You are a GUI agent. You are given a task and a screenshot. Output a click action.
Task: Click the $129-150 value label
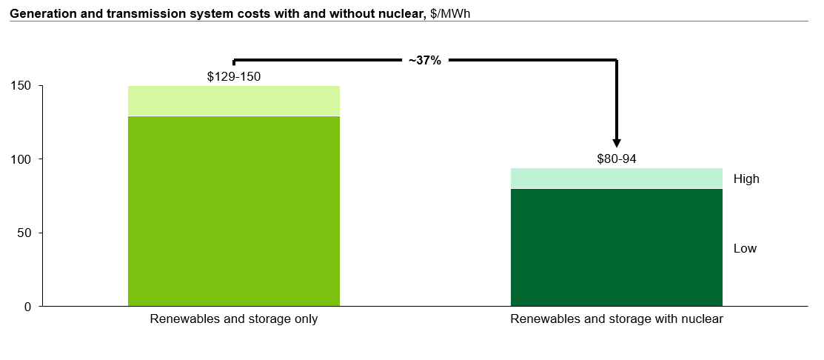point(234,76)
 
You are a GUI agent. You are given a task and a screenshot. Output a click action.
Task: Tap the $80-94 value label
point(617,159)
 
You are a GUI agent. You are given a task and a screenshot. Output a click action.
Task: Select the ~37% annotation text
point(425,61)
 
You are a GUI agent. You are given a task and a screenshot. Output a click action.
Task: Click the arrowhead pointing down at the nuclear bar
point(617,142)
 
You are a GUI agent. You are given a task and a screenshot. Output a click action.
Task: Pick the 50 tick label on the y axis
point(28,233)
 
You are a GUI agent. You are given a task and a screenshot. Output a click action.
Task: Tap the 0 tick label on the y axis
point(31,307)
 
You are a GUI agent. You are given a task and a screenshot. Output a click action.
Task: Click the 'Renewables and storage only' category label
point(234,319)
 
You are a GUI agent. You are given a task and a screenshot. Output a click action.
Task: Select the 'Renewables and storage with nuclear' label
point(617,319)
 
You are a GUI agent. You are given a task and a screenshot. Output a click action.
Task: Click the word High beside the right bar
point(746,179)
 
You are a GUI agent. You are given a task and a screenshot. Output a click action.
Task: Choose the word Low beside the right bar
point(745,248)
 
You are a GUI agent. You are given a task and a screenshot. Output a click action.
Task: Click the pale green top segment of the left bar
point(234,101)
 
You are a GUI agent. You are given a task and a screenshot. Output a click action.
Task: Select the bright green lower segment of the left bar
point(234,211)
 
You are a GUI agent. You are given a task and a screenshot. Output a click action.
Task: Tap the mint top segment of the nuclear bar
point(617,179)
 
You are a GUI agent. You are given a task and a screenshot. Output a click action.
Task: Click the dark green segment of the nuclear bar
point(617,247)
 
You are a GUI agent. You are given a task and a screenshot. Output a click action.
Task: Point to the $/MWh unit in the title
point(449,12)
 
